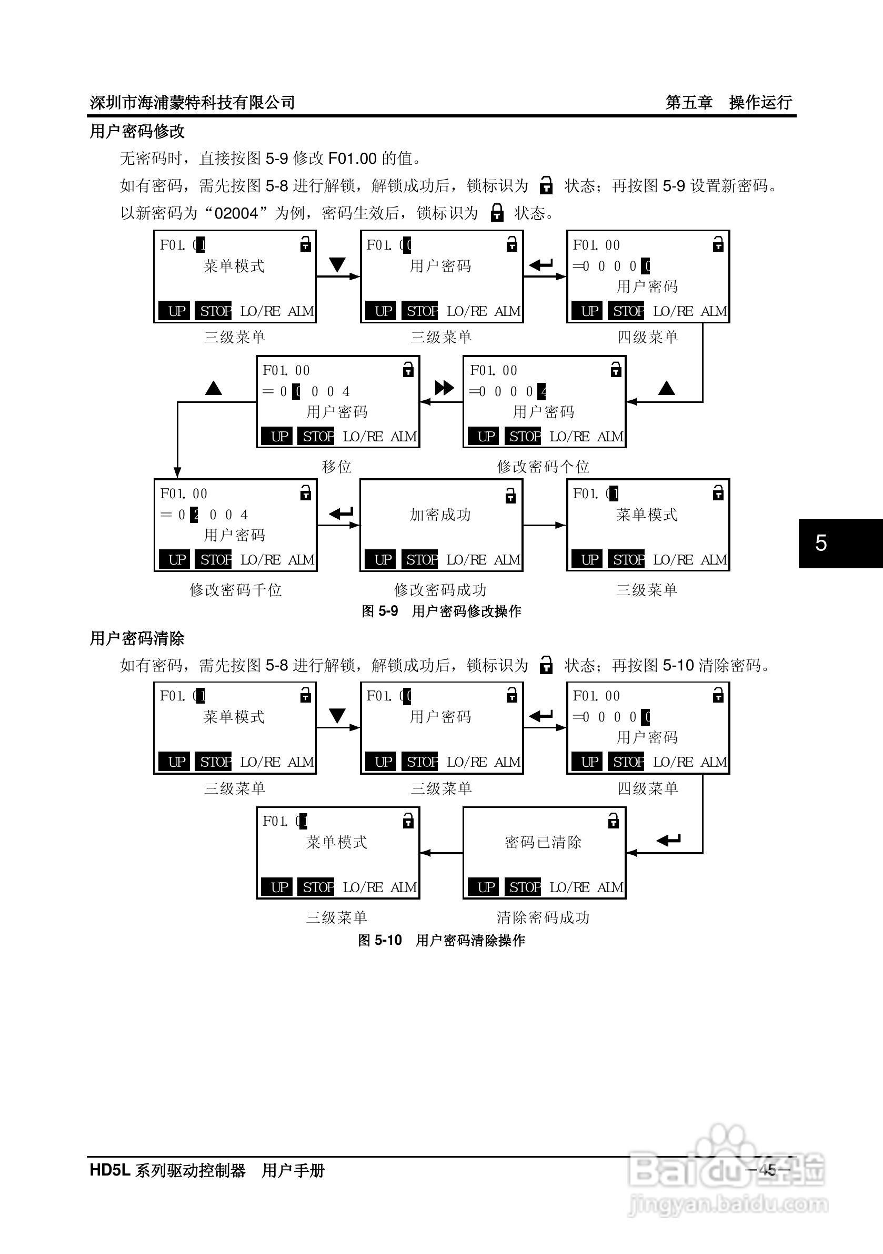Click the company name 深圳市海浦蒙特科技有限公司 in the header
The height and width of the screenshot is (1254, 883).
click(192, 102)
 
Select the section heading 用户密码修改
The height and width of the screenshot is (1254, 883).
click(137, 131)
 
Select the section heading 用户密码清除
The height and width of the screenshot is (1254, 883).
click(137, 638)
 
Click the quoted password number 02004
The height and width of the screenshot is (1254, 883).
click(236, 213)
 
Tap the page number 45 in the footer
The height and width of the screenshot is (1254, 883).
click(768, 1170)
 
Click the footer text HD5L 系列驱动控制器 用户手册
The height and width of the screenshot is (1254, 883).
click(207, 1170)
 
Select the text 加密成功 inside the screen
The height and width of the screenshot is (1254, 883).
click(440, 515)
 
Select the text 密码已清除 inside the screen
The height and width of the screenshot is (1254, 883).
click(543, 842)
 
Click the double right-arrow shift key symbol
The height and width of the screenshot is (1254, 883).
click(444, 388)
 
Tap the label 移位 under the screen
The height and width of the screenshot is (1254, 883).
click(336, 467)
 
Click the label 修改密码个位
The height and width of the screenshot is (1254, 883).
click(543, 467)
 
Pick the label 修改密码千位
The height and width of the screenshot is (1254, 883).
click(235, 590)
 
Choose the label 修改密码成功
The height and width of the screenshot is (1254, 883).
click(440, 590)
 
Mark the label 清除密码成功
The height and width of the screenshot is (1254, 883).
click(543, 917)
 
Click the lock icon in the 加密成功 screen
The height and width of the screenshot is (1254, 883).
click(510, 496)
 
